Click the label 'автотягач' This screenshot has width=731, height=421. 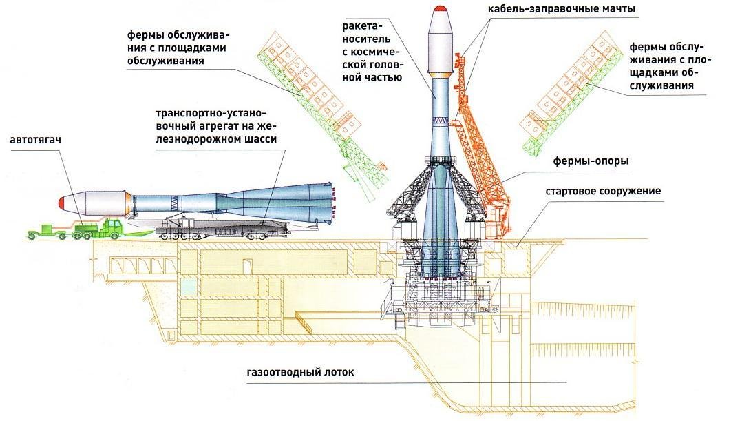coord(32,141)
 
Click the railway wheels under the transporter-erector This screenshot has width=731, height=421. coord(220,236)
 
